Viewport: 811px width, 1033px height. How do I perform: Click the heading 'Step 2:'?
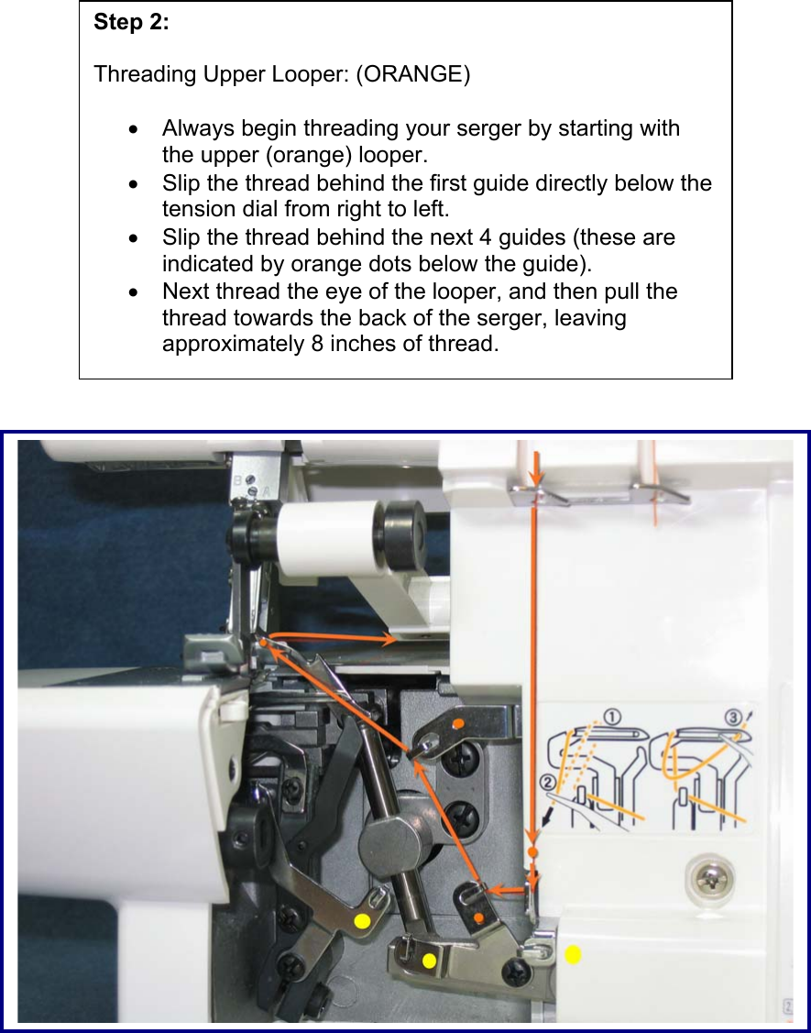point(131,24)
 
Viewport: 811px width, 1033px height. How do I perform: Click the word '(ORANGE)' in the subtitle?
point(413,74)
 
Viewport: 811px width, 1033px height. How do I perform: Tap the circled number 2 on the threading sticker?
point(548,782)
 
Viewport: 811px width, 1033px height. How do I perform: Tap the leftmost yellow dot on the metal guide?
point(362,920)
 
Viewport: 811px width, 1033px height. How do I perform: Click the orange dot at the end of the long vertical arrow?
point(533,853)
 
